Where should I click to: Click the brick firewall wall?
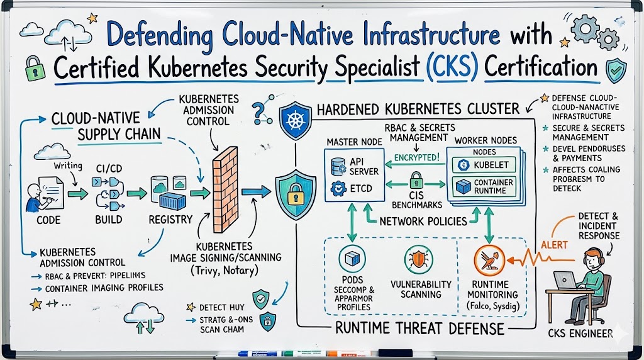pos(224,189)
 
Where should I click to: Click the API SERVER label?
pos(363,166)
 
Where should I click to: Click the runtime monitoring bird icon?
pos(491,258)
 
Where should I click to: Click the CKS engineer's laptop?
pos(565,279)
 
